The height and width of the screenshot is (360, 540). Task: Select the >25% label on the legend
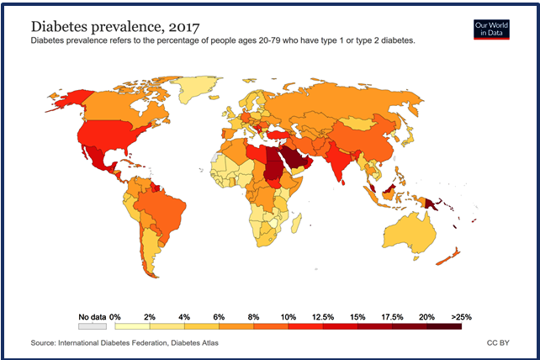pyautogui.click(x=461, y=316)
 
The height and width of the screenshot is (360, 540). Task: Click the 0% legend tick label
pyautogui.click(x=116, y=316)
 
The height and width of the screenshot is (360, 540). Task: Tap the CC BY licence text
pyautogui.click(x=497, y=343)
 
